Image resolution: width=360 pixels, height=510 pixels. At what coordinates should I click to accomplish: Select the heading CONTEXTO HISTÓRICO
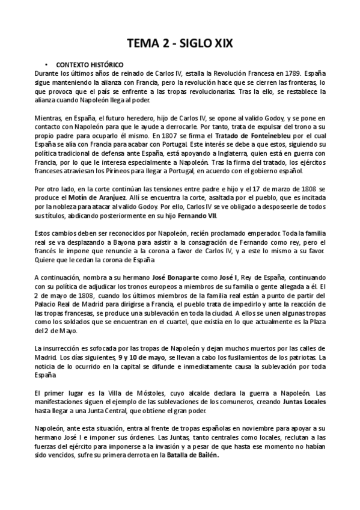click(90, 64)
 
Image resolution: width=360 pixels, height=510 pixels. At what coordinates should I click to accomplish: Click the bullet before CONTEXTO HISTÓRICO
click(46, 64)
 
